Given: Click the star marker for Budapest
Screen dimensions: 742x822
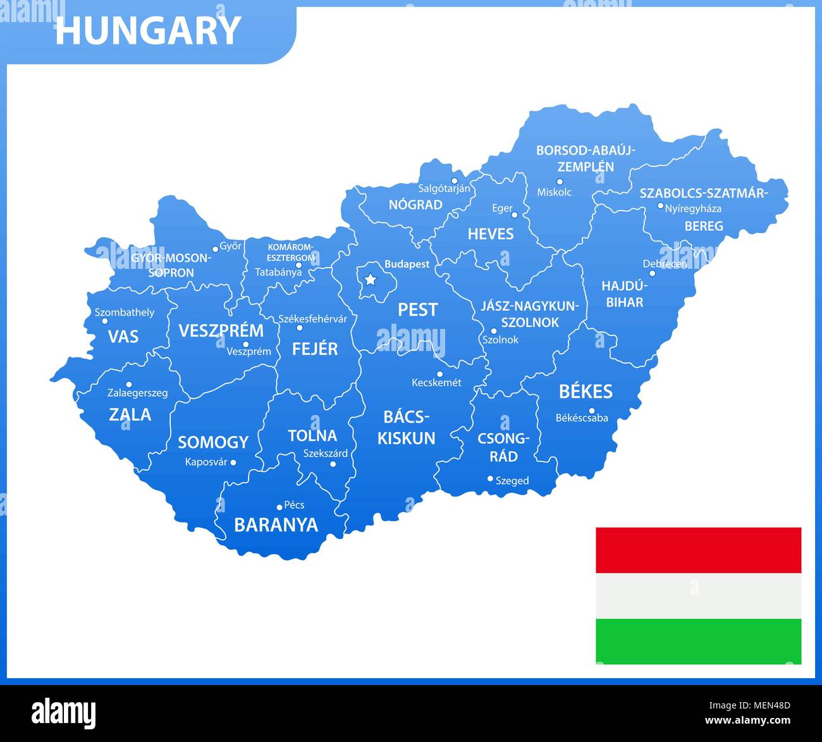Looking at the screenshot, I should click(x=370, y=279).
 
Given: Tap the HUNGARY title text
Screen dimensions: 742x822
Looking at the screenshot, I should click(x=148, y=31).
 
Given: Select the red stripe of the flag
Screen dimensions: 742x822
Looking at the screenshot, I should click(x=698, y=550).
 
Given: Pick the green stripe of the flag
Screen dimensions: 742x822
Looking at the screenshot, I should click(x=698, y=641).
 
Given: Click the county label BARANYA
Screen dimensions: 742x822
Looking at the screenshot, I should click(x=276, y=525).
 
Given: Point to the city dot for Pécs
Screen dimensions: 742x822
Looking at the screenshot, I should click(x=279, y=507).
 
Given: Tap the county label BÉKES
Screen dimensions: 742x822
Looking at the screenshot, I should click(x=586, y=392).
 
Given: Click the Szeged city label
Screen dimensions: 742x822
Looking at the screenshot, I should click(x=512, y=481).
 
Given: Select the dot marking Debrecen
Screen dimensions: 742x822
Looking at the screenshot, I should click(x=652, y=273).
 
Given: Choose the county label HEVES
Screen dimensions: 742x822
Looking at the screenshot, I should click(x=491, y=234).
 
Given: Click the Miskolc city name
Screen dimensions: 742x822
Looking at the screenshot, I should click(x=554, y=192).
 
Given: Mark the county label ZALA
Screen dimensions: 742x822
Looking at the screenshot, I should click(x=130, y=415).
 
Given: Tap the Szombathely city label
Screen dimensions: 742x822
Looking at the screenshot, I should click(x=125, y=312).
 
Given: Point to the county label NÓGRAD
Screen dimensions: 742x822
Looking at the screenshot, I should click(x=415, y=205).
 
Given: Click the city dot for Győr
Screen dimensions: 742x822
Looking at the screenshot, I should click(x=215, y=249).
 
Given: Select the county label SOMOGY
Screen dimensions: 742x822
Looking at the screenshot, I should click(x=213, y=442).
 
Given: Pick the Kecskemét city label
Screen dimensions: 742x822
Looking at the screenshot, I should click(x=436, y=383).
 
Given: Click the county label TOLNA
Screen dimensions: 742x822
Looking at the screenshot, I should click(x=312, y=435).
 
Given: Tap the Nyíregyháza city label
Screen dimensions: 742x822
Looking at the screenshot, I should click(x=693, y=208).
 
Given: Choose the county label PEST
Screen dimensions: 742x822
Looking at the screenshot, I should click(x=417, y=309).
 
